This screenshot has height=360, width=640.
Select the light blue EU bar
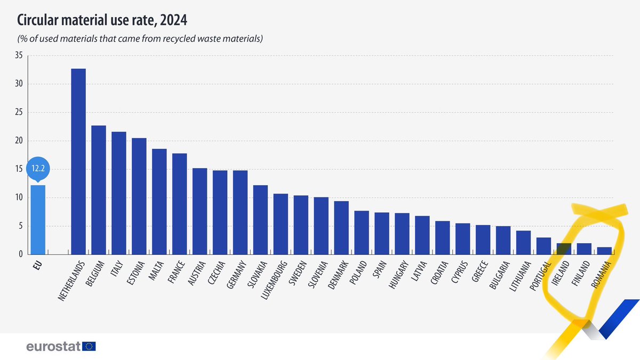pyautogui.click(x=38, y=220)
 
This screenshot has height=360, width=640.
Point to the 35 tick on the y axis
pyautogui.click(x=19, y=55)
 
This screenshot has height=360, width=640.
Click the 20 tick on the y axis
pyautogui.click(x=19, y=141)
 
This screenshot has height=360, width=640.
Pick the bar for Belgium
pyautogui.click(x=99, y=190)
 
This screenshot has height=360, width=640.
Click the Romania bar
pyautogui.click(x=604, y=251)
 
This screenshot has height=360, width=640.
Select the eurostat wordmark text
pyautogui.click(x=53, y=347)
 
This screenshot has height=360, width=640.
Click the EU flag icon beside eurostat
pyautogui.click(x=90, y=347)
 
